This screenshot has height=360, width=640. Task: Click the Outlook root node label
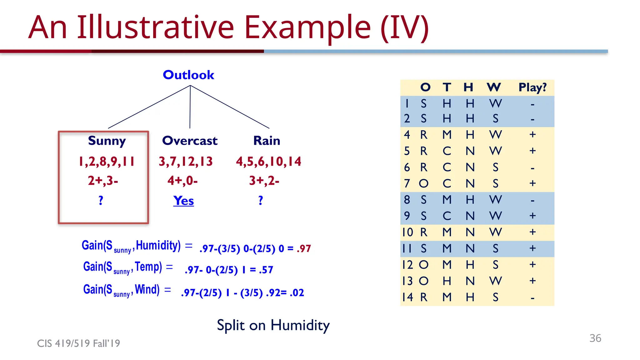(x=188, y=75)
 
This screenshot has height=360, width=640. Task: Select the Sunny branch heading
(x=107, y=141)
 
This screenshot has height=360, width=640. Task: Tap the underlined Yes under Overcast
(x=183, y=201)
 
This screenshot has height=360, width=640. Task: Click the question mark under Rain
(x=261, y=200)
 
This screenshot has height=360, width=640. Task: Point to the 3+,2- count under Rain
(x=264, y=181)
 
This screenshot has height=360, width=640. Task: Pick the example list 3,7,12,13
(x=186, y=162)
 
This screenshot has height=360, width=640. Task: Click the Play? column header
(x=532, y=87)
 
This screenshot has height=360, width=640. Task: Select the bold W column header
(x=494, y=87)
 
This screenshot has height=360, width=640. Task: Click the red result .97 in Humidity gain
(x=304, y=249)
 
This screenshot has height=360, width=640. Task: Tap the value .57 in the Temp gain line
(x=266, y=270)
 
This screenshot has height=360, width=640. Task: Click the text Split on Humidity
(x=273, y=325)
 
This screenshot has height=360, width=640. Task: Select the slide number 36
(x=595, y=338)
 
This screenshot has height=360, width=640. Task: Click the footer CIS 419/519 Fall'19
(x=78, y=343)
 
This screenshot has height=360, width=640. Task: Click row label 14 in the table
(x=407, y=297)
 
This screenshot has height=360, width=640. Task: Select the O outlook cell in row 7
(x=423, y=183)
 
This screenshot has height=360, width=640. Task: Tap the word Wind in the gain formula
(x=147, y=289)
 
